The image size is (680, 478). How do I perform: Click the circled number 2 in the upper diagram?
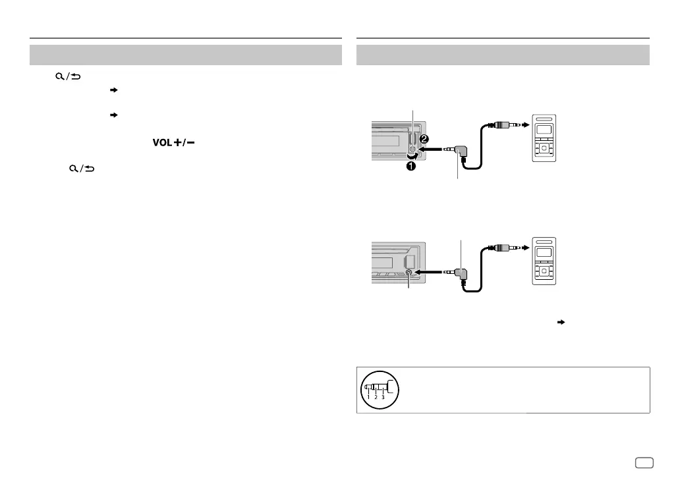424,140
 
